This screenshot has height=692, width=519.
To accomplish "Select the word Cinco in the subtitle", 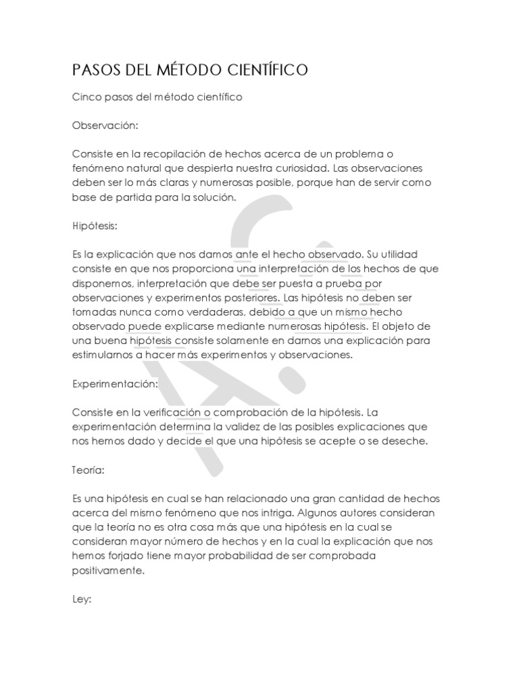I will (86, 97).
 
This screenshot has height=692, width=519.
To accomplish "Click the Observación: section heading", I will (105, 126).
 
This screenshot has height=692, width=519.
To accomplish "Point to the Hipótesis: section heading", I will (96, 225).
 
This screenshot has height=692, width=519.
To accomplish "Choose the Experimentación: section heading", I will (114, 383).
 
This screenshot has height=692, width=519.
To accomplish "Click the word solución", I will (213, 197).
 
